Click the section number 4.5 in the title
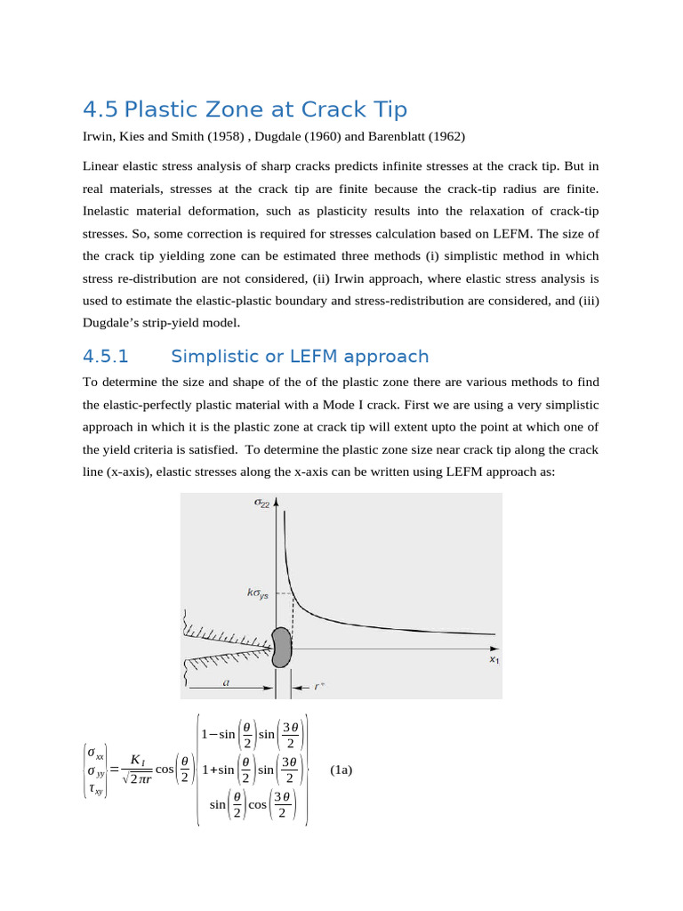click(x=100, y=109)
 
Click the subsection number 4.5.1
click(x=106, y=357)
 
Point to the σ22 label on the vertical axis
click(x=262, y=504)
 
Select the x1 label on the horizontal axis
click(x=494, y=660)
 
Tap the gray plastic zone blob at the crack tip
click(x=281, y=647)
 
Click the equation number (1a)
click(x=341, y=770)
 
